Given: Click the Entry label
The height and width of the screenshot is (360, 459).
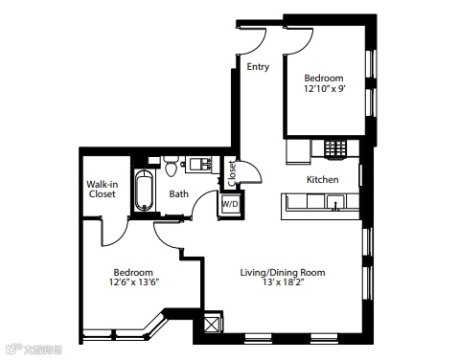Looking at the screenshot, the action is tap(258, 67).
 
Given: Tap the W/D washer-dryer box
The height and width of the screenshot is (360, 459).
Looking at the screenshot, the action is tap(230, 204).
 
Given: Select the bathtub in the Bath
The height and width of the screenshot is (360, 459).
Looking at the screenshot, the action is tap(144, 191).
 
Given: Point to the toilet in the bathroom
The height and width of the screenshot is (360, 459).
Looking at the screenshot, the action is tap(172, 167).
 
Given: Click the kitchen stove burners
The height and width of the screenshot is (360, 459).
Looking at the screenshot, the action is tap(335, 148).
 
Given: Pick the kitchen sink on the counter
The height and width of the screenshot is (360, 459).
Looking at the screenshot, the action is tap(335, 202).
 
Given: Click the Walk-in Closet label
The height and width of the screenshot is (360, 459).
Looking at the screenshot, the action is tap(102, 189).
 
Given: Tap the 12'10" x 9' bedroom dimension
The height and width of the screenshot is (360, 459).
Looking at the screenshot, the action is tap(325, 88).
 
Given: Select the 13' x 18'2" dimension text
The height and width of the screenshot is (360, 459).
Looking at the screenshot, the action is tap(283, 282).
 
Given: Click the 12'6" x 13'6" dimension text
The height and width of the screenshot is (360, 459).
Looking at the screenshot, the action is tap(134, 282).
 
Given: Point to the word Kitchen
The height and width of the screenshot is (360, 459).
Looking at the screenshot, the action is tap(323, 179).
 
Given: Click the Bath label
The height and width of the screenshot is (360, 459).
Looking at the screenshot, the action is tap(178, 193).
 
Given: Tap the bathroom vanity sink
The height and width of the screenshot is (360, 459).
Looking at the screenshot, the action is tap(200, 164).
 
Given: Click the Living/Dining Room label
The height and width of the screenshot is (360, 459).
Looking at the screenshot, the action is tap(283, 273).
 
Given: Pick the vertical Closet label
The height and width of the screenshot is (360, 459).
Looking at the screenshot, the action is tap(232, 173).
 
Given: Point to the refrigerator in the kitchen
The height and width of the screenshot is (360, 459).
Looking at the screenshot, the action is tap(298, 151).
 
